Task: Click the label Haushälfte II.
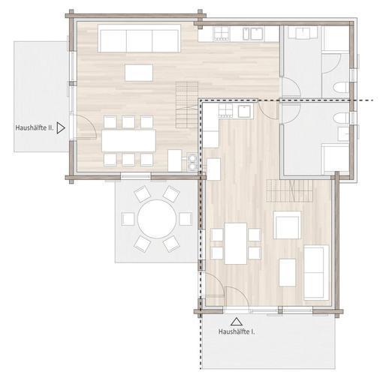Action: [x=35, y=127]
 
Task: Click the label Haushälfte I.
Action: [x=237, y=331]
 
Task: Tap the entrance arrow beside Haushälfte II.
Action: [x=61, y=127]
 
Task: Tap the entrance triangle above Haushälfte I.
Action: [x=236, y=322]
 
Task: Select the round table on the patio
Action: [x=156, y=219]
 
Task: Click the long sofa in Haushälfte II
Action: [x=139, y=38]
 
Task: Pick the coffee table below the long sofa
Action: [x=139, y=73]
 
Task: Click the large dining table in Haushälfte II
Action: [x=128, y=140]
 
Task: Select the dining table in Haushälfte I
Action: [x=236, y=244]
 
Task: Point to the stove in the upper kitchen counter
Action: [x=222, y=34]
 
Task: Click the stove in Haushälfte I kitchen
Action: [x=226, y=111]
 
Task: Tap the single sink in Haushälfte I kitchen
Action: [x=245, y=111]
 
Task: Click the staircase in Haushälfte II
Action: [x=187, y=104]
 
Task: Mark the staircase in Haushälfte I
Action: [x=290, y=190]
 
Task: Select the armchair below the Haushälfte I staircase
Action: [x=287, y=225]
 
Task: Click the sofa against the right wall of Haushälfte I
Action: [x=316, y=272]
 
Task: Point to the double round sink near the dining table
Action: [x=192, y=162]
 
